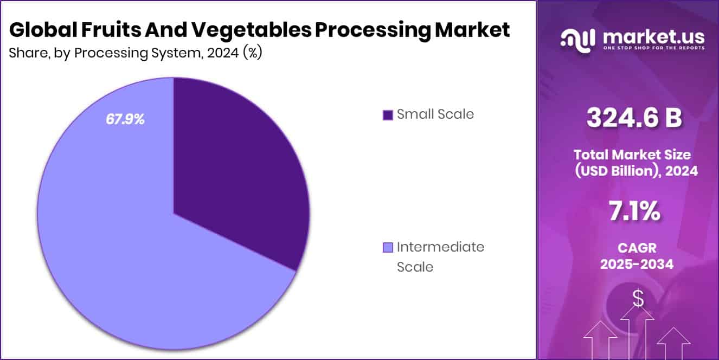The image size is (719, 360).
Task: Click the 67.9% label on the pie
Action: click(x=125, y=120)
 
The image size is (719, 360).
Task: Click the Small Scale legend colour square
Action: click(x=387, y=115)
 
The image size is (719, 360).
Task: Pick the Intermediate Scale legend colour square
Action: click(x=387, y=248)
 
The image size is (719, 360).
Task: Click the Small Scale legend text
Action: click(x=435, y=114)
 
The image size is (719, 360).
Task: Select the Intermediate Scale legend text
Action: click(x=440, y=256)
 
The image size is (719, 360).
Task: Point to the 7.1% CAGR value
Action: click(x=634, y=212)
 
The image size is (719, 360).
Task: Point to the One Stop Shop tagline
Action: click(x=653, y=48)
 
